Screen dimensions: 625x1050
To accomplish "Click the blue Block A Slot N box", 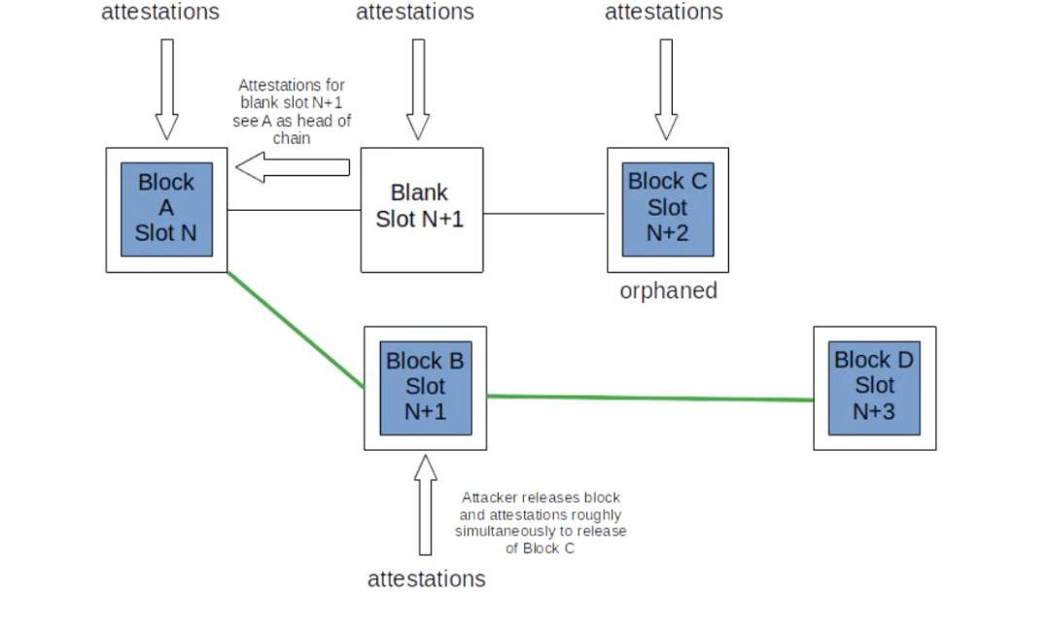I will [x=166, y=209].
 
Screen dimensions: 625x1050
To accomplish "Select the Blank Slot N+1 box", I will [x=422, y=209].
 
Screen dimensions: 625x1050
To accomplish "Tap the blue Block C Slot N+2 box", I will [x=668, y=209].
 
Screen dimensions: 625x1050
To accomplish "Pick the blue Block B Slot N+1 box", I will [x=425, y=387].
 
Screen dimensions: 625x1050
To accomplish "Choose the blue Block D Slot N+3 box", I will [x=874, y=387].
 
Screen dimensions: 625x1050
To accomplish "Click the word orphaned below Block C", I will [x=668, y=291].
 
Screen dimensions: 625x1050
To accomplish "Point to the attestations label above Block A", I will [x=160, y=12].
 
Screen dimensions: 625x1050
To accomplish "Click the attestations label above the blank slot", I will [x=415, y=12].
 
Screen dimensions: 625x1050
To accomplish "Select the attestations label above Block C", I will [x=664, y=12].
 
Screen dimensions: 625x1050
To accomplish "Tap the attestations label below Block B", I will [x=426, y=579].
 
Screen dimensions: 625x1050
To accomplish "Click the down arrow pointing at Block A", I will [x=167, y=88].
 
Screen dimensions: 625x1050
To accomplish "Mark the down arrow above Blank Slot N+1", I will [x=418, y=88].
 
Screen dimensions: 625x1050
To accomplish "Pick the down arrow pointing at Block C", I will [x=666, y=88].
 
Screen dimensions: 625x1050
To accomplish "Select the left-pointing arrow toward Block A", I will [x=292, y=167].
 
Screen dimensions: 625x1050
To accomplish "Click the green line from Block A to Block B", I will [x=295, y=329].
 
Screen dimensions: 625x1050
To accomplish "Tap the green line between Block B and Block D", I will [x=649, y=398].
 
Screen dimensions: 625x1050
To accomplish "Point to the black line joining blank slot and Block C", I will [x=544, y=213].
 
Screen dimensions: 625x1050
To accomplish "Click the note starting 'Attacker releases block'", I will [x=541, y=523].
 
